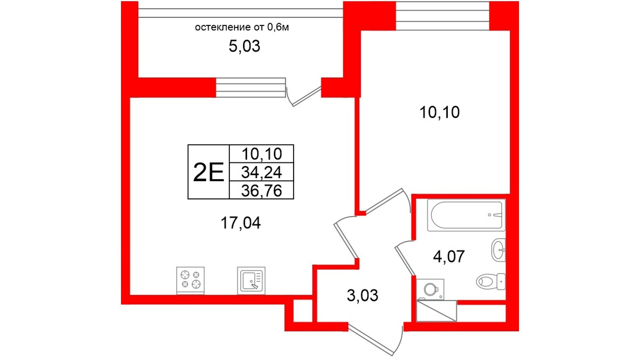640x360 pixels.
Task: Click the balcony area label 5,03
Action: (x=244, y=46)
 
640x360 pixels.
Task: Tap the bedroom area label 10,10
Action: (x=439, y=112)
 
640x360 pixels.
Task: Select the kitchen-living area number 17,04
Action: (x=240, y=223)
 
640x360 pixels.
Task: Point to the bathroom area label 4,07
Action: (x=449, y=257)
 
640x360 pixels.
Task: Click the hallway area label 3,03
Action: (x=362, y=296)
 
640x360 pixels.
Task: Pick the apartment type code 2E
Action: (x=208, y=172)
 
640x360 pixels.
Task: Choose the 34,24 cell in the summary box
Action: (x=262, y=172)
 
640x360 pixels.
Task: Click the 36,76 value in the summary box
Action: (x=262, y=191)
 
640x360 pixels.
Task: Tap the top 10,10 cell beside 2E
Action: (x=262, y=154)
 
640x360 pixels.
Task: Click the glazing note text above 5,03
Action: (x=242, y=27)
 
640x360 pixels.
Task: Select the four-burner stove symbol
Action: (x=190, y=280)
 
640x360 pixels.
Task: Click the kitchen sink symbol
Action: (x=251, y=280)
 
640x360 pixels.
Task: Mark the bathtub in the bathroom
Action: (x=466, y=215)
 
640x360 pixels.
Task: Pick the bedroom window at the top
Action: (x=442, y=16)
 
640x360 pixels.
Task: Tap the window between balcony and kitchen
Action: (x=251, y=88)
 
